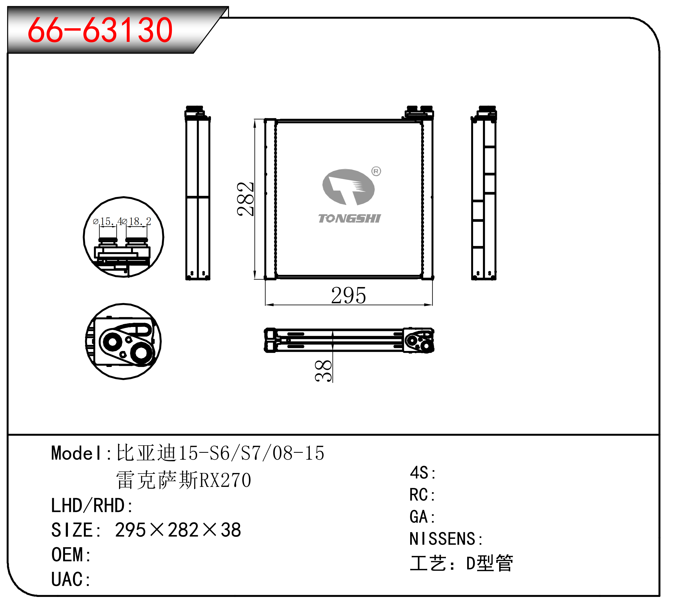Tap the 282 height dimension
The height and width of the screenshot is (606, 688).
(x=245, y=199)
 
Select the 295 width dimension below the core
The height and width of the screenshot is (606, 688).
(x=348, y=296)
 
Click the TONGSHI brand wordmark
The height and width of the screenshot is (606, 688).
(x=349, y=218)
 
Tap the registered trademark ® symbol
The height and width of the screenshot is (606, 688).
(x=376, y=171)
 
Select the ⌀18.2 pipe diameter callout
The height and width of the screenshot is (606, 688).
(x=136, y=221)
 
